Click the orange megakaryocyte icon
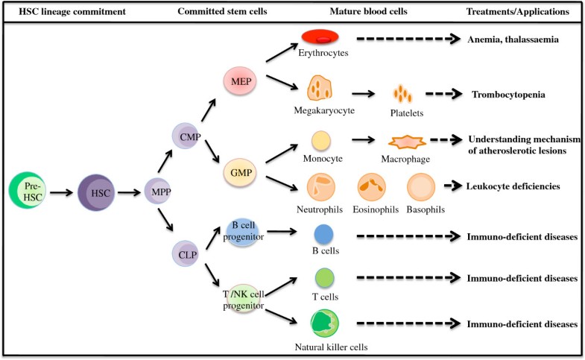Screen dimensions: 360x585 tap(320, 89)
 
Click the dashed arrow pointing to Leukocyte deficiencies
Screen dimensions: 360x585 tap(451, 186)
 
